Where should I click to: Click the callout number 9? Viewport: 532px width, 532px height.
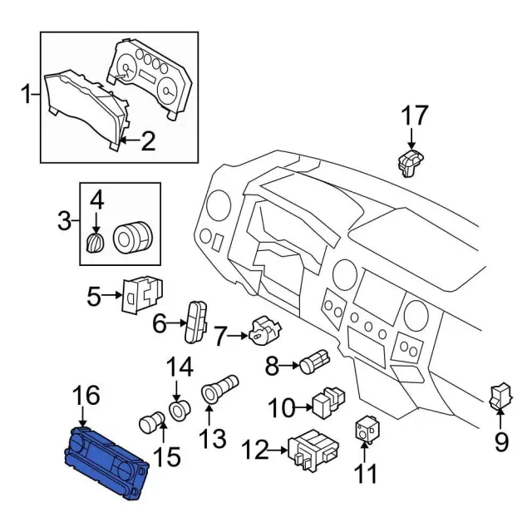pyautogui.click(x=500, y=442)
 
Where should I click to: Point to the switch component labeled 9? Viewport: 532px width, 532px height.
pyautogui.click(x=500, y=395)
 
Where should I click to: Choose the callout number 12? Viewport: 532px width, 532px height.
pyautogui.click(x=257, y=451)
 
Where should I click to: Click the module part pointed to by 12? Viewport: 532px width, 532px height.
pyautogui.click(x=313, y=450)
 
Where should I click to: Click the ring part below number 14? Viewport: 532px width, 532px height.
pyautogui.click(x=178, y=410)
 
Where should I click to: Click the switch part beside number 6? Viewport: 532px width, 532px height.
pyautogui.click(x=196, y=318)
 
